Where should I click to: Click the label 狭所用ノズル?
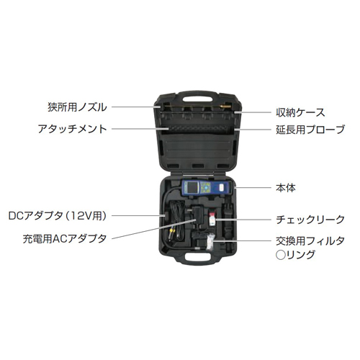[77, 107]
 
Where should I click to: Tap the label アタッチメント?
[72, 129]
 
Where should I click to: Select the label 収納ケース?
[300, 112]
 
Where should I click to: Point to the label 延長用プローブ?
[310, 130]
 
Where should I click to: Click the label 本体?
[286, 188]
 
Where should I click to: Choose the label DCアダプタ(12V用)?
[58, 216]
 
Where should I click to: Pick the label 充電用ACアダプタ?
[65, 239]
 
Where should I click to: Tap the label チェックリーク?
[310, 220]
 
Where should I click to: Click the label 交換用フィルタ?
[310, 241]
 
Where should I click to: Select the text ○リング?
[295, 255]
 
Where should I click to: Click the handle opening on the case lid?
[197, 99]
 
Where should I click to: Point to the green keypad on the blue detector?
[206, 187]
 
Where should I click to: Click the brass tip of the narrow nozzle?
[226, 105]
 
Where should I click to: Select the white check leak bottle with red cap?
[212, 219]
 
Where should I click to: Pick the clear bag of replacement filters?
[210, 242]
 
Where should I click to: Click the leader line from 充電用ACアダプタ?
[154, 229]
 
